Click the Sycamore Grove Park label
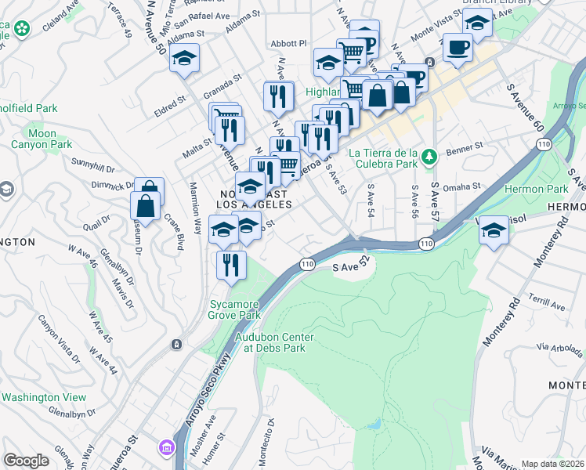click(233, 309)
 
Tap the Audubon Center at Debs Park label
click(275, 342)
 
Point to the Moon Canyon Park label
click(42, 139)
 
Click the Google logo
click(26, 460)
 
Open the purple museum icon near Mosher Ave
click(166, 447)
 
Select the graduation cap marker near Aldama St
click(185, 59)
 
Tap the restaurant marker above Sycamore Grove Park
click(231, 265)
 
